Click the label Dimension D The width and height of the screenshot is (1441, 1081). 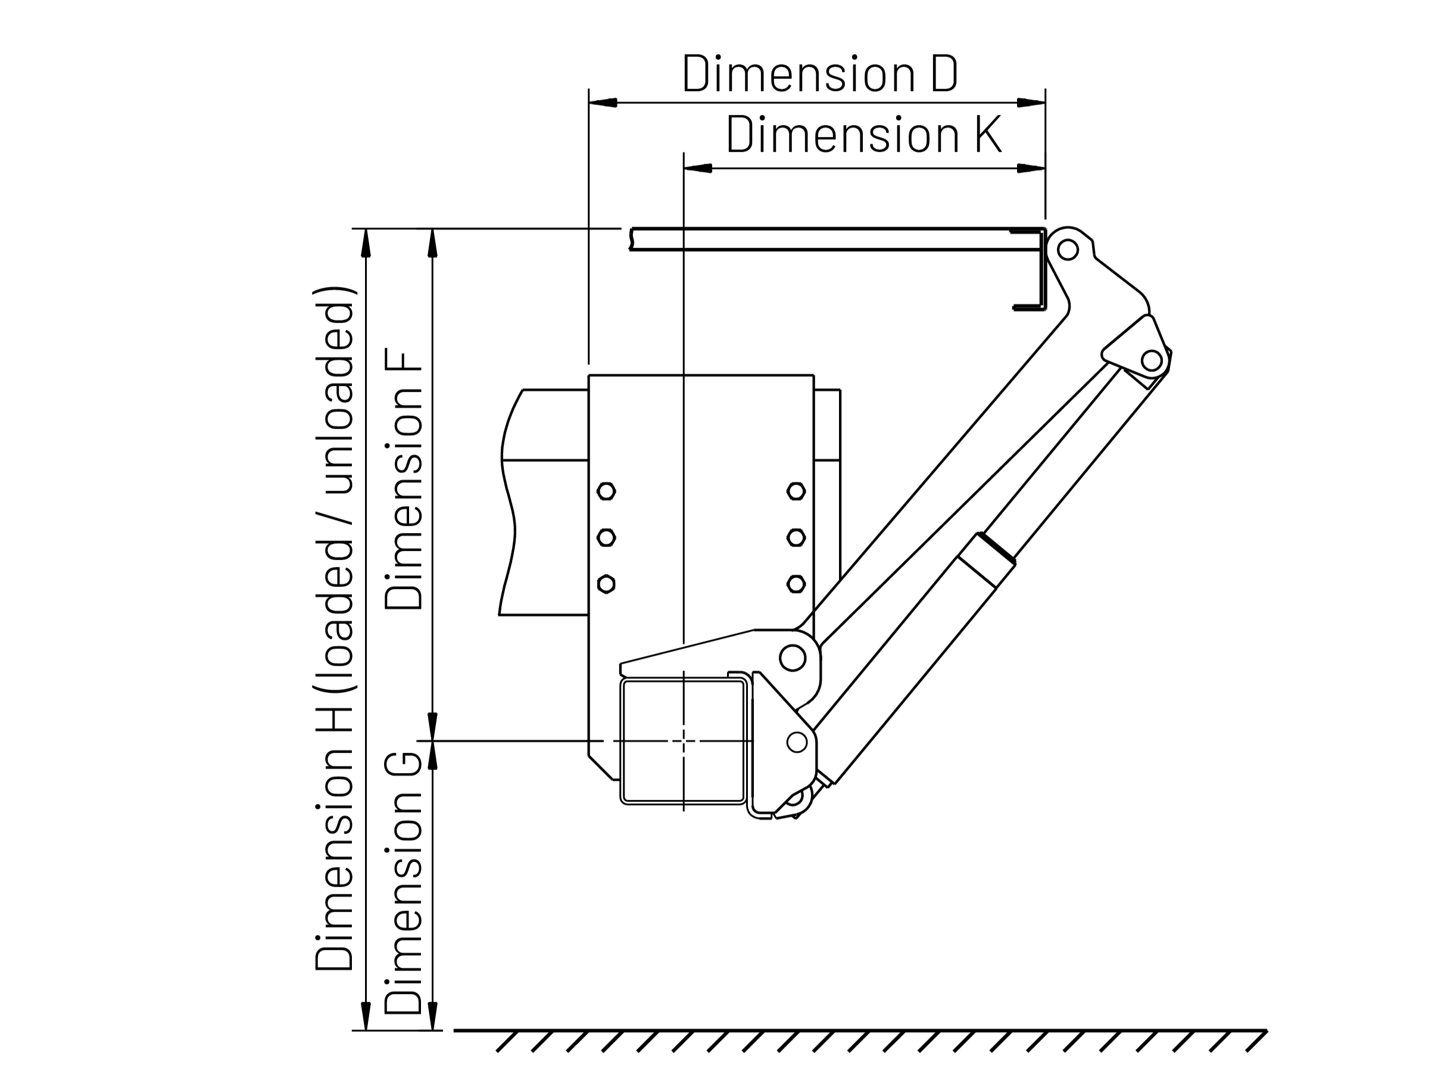pos(819,74)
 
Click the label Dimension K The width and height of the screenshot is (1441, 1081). pos(863,135)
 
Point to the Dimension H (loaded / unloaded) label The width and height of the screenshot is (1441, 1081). pos(335,629)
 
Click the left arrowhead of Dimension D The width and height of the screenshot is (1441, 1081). pos(603,103)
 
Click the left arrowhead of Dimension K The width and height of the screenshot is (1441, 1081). pos(698,169)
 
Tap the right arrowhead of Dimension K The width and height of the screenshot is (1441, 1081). pos(1031,169)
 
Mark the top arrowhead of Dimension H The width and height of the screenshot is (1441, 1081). pos(366,244)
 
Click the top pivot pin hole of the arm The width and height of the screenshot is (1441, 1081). pos(1067,250)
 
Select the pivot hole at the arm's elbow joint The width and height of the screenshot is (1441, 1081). pos(1151,360)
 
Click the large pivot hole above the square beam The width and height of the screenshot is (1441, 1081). pos(792,658)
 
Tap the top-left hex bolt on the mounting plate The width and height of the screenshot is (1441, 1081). pos(606,491)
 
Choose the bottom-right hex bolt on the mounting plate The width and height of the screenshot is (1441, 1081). pos(796,584)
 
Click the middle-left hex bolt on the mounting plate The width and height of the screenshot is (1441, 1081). pos(606,538)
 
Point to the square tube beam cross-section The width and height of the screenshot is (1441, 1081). pos(684,741)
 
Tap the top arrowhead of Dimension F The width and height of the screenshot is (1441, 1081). pos(432,244)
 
